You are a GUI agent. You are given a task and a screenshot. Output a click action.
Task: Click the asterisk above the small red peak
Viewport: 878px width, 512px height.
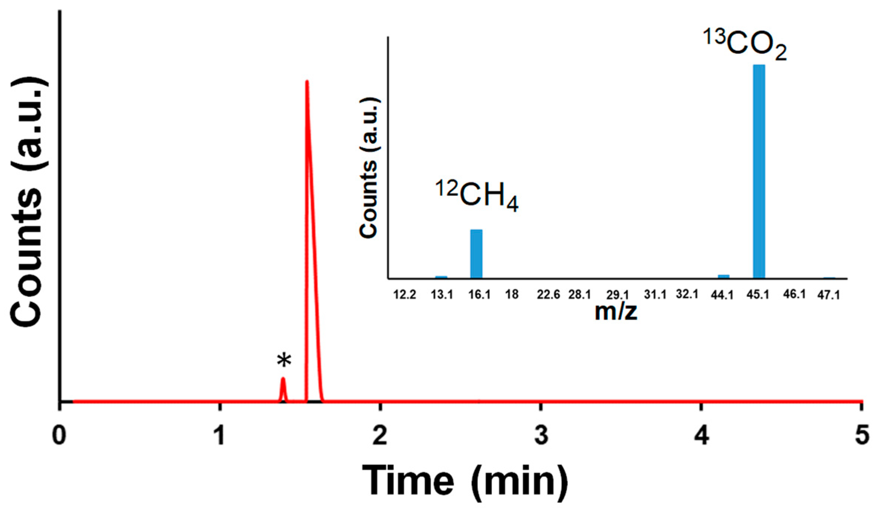[x=284, y=360]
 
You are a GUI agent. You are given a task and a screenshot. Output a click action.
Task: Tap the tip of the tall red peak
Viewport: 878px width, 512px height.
[x=307, y=82]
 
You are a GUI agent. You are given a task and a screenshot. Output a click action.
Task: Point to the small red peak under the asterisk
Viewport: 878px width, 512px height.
[x=283, y=388]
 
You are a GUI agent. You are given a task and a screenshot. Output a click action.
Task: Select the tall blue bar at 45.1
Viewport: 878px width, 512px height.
[x=759, y=171]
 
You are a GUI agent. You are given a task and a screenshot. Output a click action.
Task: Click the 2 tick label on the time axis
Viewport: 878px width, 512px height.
[x=380, y=435]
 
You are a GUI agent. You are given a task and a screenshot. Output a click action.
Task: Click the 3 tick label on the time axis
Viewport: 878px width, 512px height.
[x=541, y=435]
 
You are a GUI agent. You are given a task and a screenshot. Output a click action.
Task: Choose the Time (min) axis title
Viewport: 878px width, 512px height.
[x=465, y=481]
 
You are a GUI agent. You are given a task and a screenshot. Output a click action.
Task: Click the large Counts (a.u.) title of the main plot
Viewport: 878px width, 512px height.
[x=28, y=202]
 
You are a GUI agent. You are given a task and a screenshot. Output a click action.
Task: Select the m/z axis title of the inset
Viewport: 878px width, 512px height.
[x=616, y=311]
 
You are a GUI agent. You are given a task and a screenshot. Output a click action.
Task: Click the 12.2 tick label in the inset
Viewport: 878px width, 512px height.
[x=405, y=295]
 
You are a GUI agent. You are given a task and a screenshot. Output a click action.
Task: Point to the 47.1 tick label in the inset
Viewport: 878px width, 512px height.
[x=829, y=295]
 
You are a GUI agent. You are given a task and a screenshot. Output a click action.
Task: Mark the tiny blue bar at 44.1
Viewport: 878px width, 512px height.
[x=723, y=276]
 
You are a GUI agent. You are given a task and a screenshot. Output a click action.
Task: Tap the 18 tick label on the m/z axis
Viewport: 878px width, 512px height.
[x=512, y=295]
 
